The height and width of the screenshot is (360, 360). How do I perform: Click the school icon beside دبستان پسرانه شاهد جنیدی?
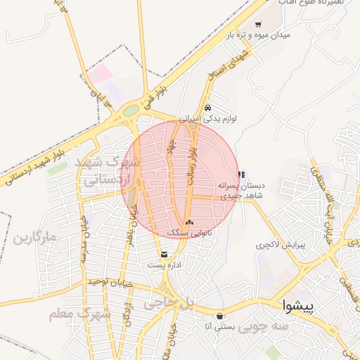[x=241, y=174]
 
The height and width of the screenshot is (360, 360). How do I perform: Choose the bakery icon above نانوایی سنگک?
[x=189, y=221]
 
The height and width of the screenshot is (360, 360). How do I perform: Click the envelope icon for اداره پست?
[x=164, y=254]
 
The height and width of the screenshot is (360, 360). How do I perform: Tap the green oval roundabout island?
[x=131, y=110]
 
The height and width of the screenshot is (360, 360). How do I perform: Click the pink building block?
[x=101, y=73]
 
